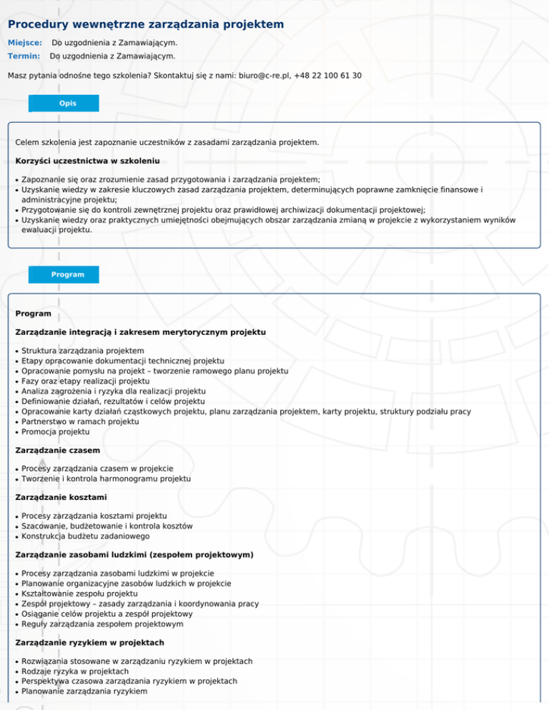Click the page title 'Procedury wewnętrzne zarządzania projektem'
point(146,25)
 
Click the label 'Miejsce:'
point(25,43)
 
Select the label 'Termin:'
point(24,56)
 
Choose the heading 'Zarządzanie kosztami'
point(58,498)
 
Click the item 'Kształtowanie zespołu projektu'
point(80,594)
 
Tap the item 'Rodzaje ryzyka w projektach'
point(75,671)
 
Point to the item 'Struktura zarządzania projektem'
point(83,351)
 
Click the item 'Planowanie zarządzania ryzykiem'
point(84,691)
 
